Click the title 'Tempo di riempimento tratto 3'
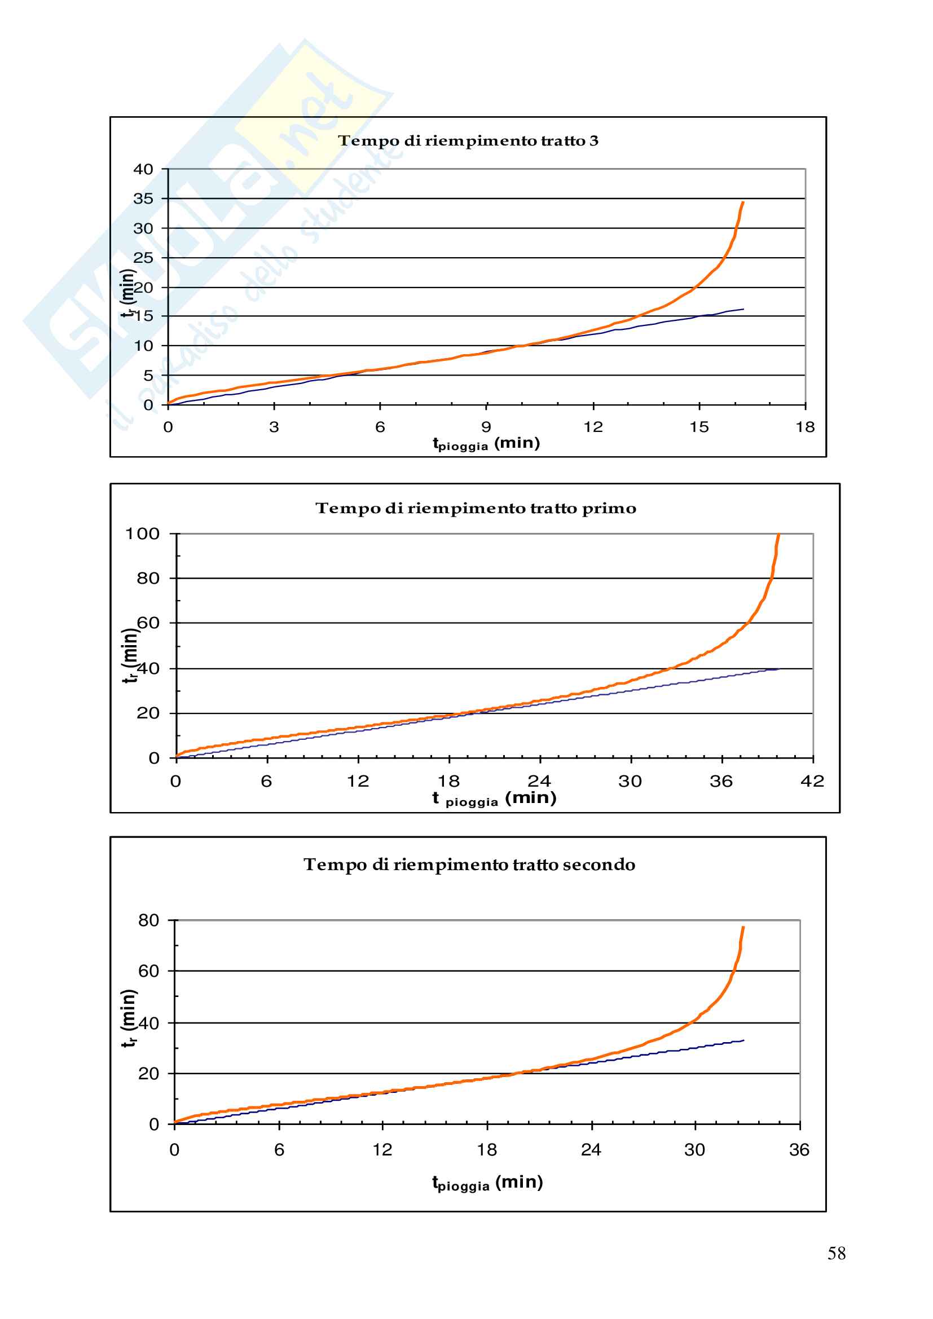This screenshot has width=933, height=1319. (468, 141)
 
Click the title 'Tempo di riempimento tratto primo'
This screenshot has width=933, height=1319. (476, 509)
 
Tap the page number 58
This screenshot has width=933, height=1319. (836, 1254)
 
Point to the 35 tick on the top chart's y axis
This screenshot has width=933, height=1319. (143, 198)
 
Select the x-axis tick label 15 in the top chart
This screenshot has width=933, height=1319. (699, 427)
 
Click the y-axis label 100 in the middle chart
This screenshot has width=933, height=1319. (143, 533)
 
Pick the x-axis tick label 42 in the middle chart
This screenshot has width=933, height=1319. (812, 780)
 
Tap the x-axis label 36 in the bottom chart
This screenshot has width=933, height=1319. (799, 1149)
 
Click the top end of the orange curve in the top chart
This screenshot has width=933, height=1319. (743, 202)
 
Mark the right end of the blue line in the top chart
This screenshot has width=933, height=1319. (743, 309)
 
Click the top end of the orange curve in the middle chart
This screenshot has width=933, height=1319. (778, 534)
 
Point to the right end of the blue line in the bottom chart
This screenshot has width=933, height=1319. (743, 1040)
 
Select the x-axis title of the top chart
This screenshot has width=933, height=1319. (486, 443)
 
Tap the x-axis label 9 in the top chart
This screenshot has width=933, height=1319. (487, 427)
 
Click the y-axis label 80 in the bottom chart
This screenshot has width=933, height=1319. (148, 921)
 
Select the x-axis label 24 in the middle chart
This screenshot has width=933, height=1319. (539, 780)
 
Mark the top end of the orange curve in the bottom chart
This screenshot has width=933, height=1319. (743, 927)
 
